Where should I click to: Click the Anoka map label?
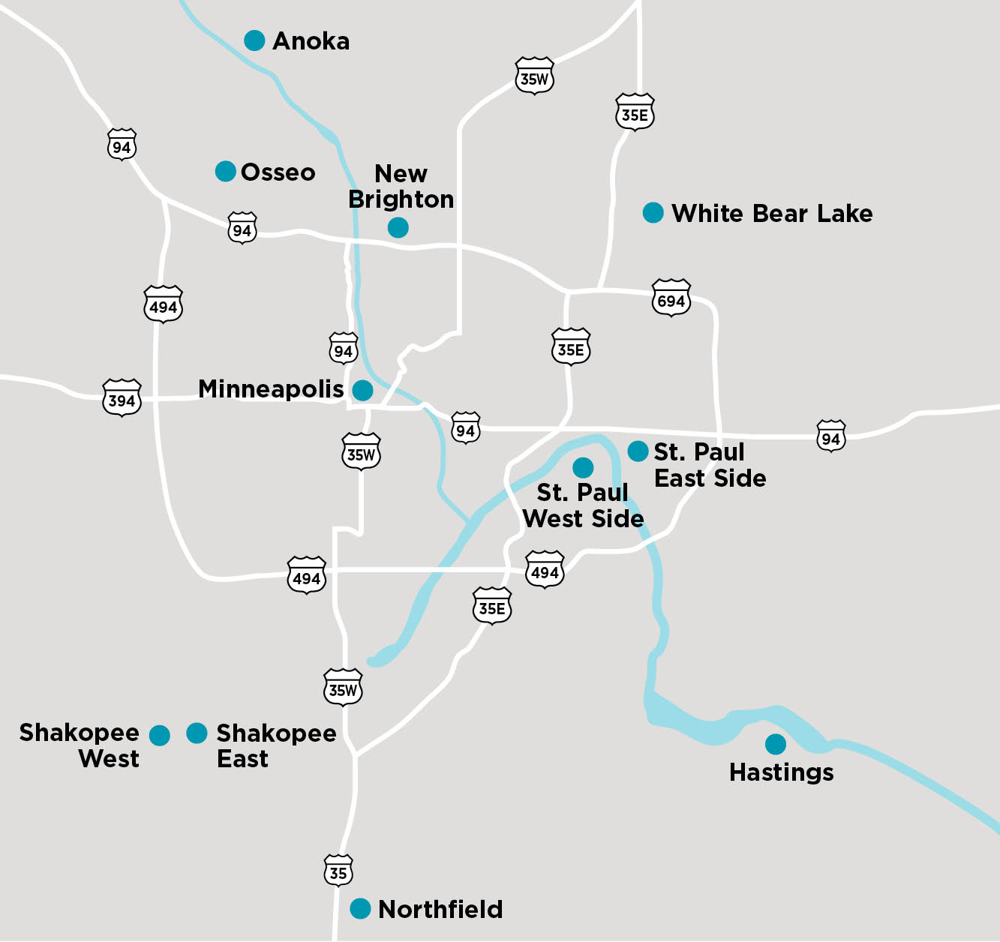coord(311,41)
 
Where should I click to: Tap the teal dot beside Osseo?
coord(226,172)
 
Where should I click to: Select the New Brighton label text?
coord(401,187)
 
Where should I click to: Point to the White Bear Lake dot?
coord(653,213)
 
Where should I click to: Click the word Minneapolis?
coord(271,389)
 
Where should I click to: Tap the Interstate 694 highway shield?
coord(671,298)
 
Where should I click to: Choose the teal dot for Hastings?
coord(776,744)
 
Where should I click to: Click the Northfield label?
coord(440,909)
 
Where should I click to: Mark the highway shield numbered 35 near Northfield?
coord(338,870)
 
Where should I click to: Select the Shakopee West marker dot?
coord(160,736)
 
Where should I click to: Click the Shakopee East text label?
coord(275,745)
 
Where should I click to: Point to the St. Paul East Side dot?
coord(638,451)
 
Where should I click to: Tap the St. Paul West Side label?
coord(583,505)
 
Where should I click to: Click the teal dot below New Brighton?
coord(398,227)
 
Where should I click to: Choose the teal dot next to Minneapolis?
coord(363,390)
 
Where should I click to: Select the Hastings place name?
coord(781,772)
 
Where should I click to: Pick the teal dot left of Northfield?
coord(361,908)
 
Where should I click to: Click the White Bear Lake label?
coord(772,214)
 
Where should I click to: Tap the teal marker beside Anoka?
coord(255,40)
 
